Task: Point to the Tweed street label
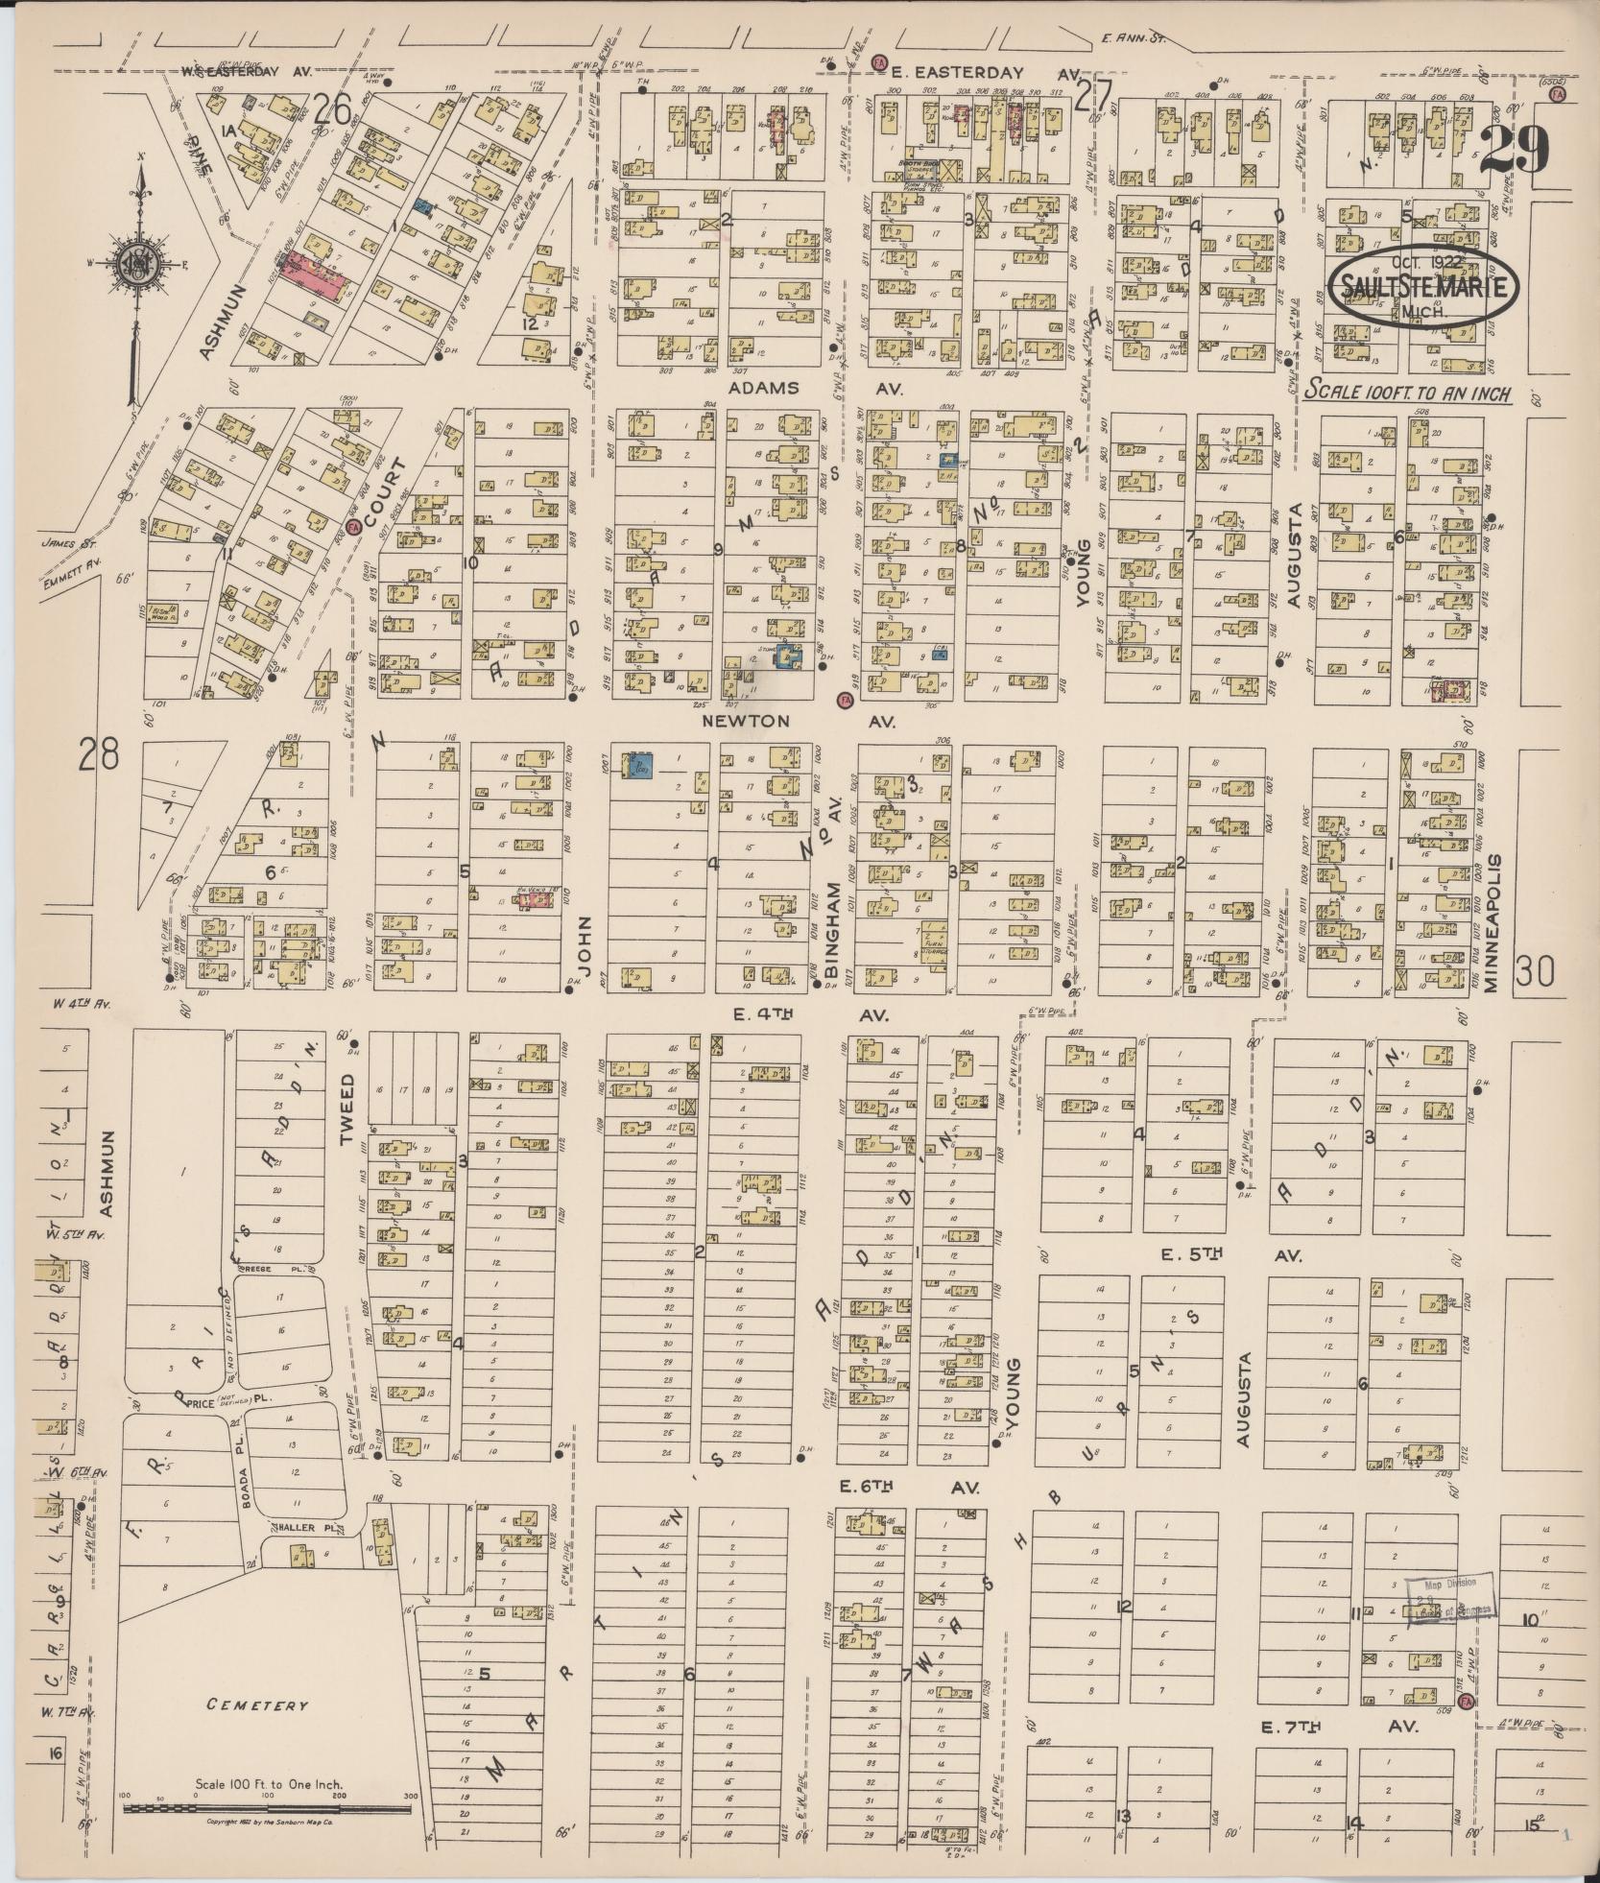pos(346,1110)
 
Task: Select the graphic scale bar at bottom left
pos(267,1807)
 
